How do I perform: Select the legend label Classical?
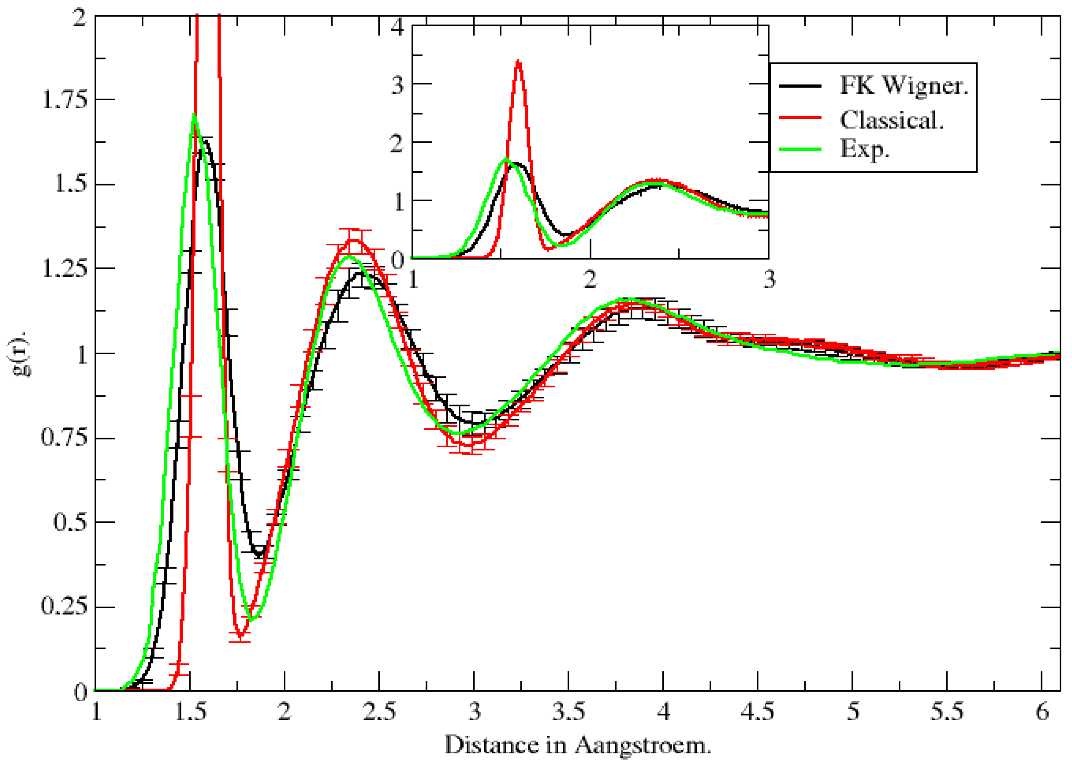[891, 120]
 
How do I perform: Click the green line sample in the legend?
[800, 149]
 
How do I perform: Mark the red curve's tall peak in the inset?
[518, 61]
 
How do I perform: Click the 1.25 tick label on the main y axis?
[65, 269]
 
